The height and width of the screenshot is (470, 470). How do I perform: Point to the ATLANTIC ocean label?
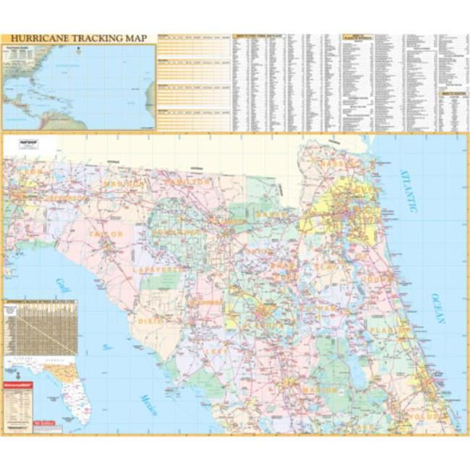point(409,189)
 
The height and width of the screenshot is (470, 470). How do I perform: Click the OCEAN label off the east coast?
point(438,307)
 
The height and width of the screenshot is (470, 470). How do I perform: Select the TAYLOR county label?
point(106,234)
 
